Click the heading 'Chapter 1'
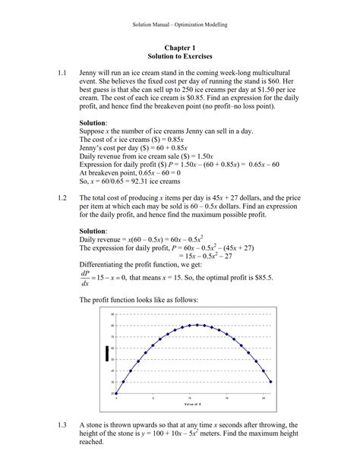180,47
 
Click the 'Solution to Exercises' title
180,56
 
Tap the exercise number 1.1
63,74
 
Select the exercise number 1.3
63,425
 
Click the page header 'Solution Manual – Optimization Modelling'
180,24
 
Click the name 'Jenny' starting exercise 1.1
90,74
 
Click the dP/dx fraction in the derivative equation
85,280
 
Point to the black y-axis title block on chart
106,353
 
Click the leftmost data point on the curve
115,393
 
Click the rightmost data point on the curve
271,381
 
